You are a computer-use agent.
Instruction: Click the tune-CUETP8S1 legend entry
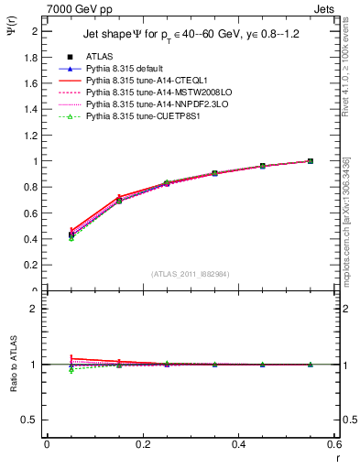pos(139,117)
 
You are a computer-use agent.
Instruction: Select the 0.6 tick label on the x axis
pos(334,444)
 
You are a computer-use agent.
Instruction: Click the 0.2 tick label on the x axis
pos(143,444)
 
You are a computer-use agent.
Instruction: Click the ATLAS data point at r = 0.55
pos(311,161)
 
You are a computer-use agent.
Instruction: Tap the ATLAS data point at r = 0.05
pos(71,234)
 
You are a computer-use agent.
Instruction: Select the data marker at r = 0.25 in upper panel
pos(167,183)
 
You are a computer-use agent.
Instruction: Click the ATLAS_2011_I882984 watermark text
pos(191,273)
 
